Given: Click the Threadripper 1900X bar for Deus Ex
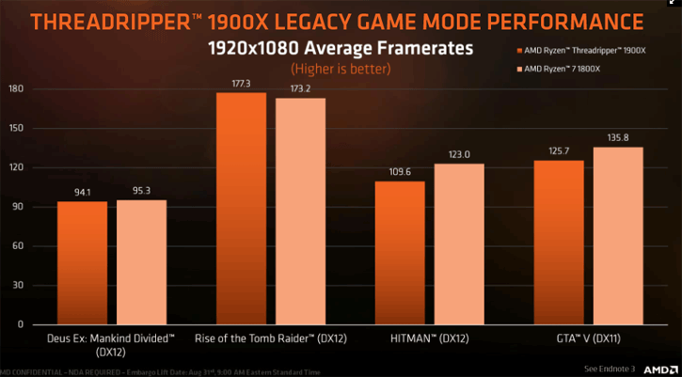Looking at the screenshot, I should pyautogui.click(x=82, y=262).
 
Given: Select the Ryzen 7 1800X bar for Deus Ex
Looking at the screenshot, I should pyautogui.click(x=141, y=262).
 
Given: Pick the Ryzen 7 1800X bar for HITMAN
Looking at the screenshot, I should pyautogui.click(x=459, y=243).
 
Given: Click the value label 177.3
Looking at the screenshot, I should pyautogui.click(x=241, y=85).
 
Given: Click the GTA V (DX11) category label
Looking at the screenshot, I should pyautogui.click(x=588, y=337).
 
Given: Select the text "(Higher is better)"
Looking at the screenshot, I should pyautogui.click(x=341, y=68).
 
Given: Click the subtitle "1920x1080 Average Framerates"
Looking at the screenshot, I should pyautogui.click(x=341, y=47).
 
